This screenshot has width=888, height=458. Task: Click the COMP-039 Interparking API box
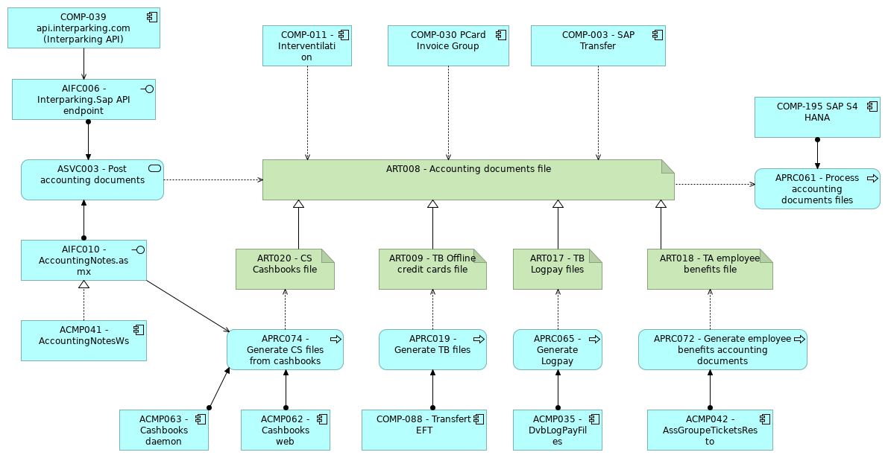[x=84, y=28]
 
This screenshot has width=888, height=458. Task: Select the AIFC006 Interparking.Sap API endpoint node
[x=84, y=100]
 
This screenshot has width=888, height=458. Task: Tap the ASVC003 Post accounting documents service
[x=92, y=179]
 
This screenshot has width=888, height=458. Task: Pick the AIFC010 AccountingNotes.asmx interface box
[x=84, y=260]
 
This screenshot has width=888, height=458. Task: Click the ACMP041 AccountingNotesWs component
[x=84, y=340]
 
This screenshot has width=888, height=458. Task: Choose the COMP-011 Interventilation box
[x=306, y=46]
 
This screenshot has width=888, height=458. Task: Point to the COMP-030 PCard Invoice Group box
[x=448, y=46]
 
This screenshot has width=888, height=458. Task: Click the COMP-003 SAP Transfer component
[x=598, y=46]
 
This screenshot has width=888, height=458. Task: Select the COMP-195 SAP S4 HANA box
[x=817, y=117]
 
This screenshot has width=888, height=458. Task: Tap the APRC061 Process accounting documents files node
[x=817, y=188]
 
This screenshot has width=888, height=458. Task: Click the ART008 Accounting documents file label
[x=468, y=169]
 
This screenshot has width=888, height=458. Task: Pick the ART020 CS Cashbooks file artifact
[x=285, y=269]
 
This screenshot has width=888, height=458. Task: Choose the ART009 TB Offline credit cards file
[x=432, y=269]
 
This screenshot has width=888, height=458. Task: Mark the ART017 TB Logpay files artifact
[x=558, y=269]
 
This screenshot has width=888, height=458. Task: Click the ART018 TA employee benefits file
[x=710, y=269]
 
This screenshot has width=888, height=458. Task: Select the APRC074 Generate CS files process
[x=285, y=349]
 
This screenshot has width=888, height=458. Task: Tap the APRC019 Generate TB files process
[x=432, y=349]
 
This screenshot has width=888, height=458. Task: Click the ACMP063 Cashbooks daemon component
[x=163, y=430]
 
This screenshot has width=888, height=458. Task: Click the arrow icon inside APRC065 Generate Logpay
[x=594, y=339]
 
